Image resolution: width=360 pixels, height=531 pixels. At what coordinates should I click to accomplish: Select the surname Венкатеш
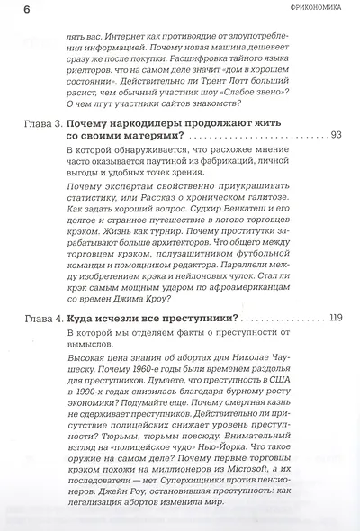click(x=273, y=225)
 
